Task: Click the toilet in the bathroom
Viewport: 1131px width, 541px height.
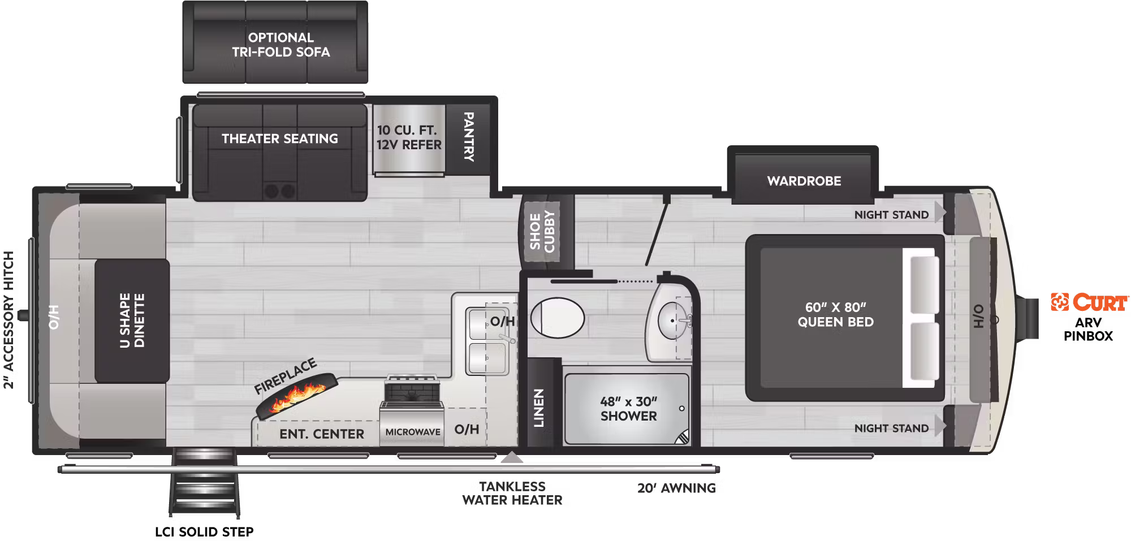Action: click(557, 318)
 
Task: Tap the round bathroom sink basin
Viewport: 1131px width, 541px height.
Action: click(673, 321)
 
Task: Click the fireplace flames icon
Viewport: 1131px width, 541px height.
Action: click(297, 395)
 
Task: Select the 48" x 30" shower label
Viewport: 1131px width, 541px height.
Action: click(628, 409)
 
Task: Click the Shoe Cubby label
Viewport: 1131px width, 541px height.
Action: click(542, 232)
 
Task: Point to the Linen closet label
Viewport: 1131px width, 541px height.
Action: click(539, 408)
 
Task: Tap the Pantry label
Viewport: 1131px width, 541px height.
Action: click(469, 137)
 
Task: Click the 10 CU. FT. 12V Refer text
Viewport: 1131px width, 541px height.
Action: click(409, 137)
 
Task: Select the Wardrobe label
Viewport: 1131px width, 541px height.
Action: click(804, 181)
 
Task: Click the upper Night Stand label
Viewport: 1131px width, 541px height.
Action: click(891, 215)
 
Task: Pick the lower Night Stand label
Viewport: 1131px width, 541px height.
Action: click(891, 429)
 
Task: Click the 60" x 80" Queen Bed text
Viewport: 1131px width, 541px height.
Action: click(835, 315)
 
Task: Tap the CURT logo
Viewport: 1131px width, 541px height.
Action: click(1089, 302)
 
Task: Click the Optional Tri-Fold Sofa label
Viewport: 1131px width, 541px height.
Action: click(280, 45)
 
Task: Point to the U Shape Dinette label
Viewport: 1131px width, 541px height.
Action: click(132, 320)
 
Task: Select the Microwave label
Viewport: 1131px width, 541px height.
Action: click(413, 432)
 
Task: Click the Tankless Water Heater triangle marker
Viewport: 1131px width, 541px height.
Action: click(512, 457)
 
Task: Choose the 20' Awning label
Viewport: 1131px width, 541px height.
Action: click(676, 488)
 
